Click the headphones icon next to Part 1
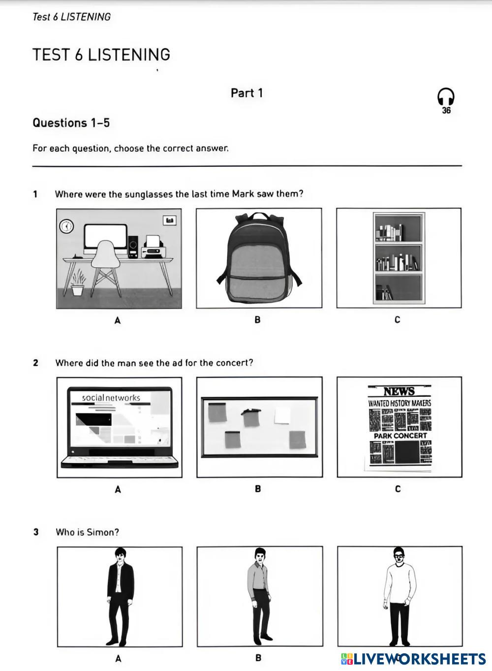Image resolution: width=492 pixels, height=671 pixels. [x=446, y=97]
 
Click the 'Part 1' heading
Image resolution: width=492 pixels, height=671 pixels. [x=246, y=93]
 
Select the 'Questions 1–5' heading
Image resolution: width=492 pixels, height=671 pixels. [x=71, y=123]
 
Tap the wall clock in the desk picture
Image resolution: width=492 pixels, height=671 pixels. [x=66, y=226]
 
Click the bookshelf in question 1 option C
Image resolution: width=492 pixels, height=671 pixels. [x=399, y=257]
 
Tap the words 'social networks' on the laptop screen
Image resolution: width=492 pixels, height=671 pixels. [x=111, y=397]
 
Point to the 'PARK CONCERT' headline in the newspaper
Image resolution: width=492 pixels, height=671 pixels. [x=400, y=436]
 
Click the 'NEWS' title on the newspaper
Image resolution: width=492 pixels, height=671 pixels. [x=399, y=391]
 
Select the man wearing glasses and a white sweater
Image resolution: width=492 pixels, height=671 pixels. [x=399, y=595]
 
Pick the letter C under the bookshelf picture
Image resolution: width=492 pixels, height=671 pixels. [x=397, y=320]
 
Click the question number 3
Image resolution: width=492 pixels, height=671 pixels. [x=36, y=532]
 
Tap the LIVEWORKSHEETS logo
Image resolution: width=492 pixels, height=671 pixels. [x=413, y=659]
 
